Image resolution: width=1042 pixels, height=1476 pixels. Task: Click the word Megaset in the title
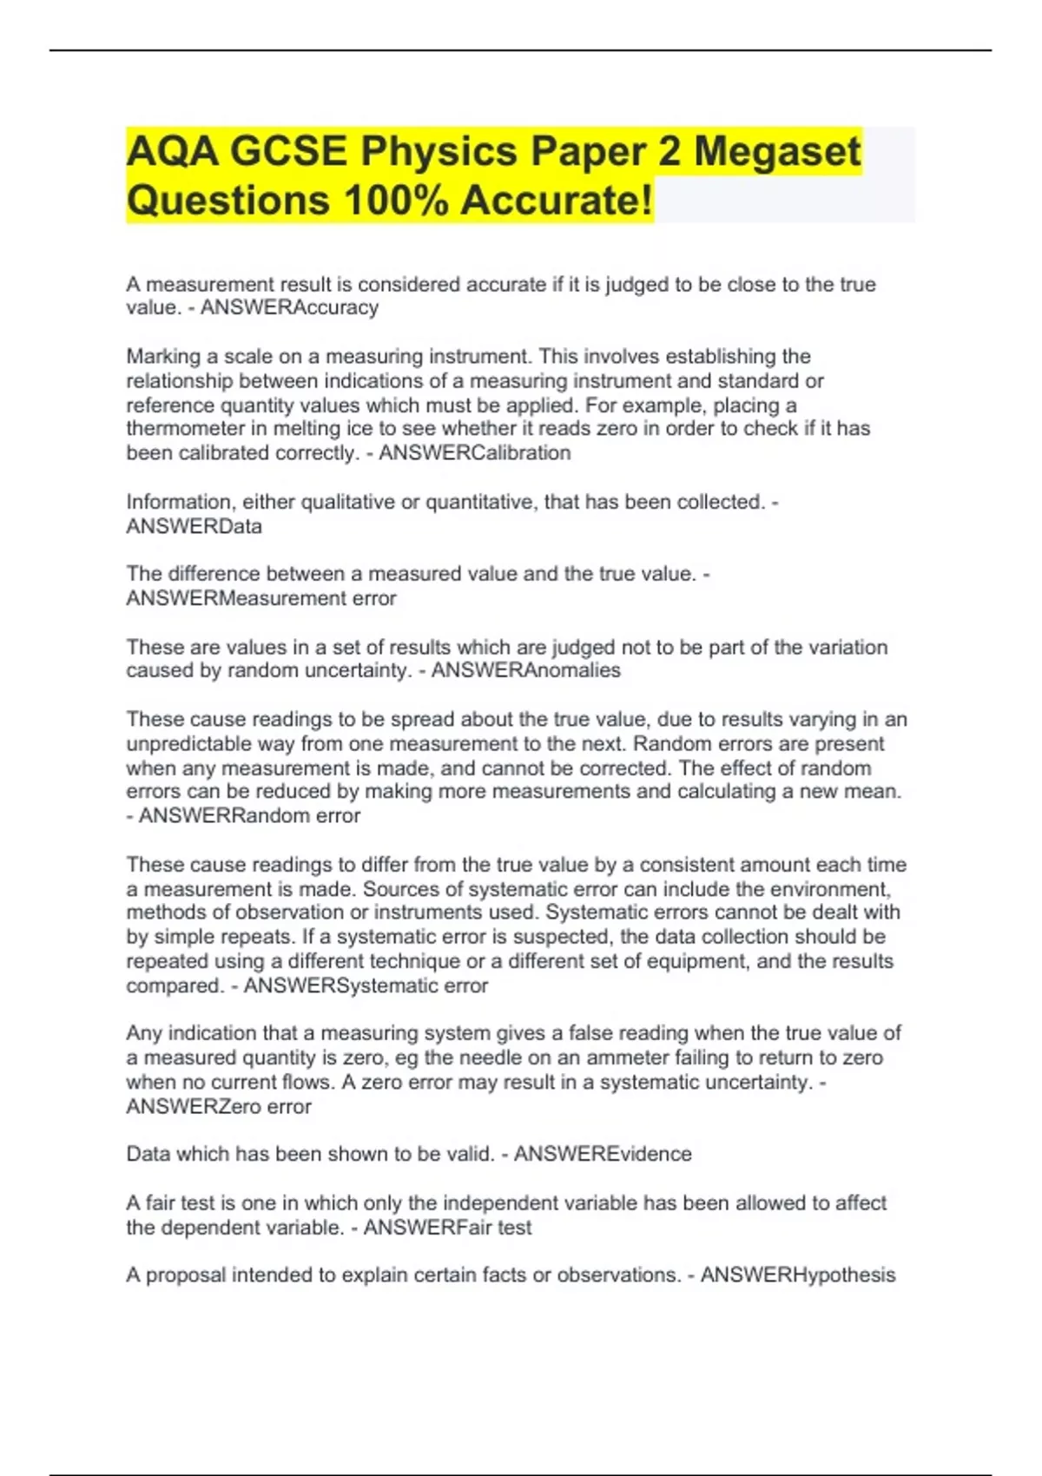(x=777, y=151)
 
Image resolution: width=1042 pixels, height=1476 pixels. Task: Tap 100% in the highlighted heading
(x=396, y=201)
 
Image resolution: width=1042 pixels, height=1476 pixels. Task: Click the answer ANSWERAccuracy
(x=289, y=307)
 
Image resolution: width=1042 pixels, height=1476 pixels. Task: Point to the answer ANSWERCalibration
(x=474, y=453)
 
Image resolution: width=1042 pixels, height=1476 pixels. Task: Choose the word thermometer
(x=185, y=429)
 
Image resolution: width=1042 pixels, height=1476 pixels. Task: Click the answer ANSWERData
(x=194, y=526)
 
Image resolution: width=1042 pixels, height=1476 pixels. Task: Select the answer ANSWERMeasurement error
(x=260, y=598)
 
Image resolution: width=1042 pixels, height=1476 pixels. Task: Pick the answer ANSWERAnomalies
(x=525, y=670)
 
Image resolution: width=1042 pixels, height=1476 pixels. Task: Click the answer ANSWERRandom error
(x=249, y=816)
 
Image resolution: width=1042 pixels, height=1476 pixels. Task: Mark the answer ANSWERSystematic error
(x=366, y=986)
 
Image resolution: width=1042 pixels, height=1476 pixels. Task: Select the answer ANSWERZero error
(x=218, y=1107)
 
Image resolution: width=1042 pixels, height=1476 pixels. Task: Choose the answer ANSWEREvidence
(x=603, y=1154)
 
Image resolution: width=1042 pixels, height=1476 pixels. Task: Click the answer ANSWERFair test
(x=447, y=1228)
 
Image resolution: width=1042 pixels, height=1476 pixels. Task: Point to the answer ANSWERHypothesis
(x=797, y=1275)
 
